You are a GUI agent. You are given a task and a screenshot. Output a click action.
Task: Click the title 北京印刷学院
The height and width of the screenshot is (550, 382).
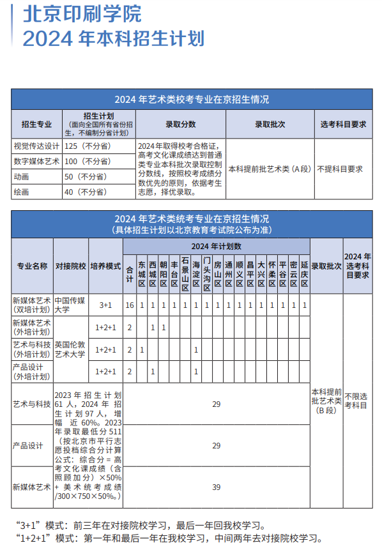tap(82, 14)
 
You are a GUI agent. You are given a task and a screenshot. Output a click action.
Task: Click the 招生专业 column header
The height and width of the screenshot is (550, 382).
tap(36, 125)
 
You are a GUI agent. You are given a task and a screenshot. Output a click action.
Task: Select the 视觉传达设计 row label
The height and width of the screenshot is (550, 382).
tap(36, 146)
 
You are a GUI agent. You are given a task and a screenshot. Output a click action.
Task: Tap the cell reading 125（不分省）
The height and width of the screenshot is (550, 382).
tap(87, 146)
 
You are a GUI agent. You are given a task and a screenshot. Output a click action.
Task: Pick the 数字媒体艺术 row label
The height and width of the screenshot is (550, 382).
tap(36, 161)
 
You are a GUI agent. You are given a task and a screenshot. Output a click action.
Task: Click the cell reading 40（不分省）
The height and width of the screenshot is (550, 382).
tap(86, 191)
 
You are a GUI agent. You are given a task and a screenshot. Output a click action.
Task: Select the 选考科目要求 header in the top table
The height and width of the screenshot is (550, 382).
tap(343, 125)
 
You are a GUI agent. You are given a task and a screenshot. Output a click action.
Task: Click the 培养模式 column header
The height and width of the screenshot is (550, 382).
tap(105, 266)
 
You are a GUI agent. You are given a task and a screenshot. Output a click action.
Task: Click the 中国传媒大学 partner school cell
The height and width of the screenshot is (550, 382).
tap(70, 305)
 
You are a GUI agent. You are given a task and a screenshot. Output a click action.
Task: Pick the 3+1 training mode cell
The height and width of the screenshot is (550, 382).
tap(105, 305)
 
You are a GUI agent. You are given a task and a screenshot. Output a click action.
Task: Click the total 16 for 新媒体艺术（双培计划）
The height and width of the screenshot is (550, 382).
tap(130, 305)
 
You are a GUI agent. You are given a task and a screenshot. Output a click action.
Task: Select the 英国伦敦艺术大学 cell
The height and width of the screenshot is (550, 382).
tap(70, 349)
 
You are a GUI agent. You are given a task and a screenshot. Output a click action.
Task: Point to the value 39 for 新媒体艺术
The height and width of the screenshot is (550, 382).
tap(216, 487)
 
